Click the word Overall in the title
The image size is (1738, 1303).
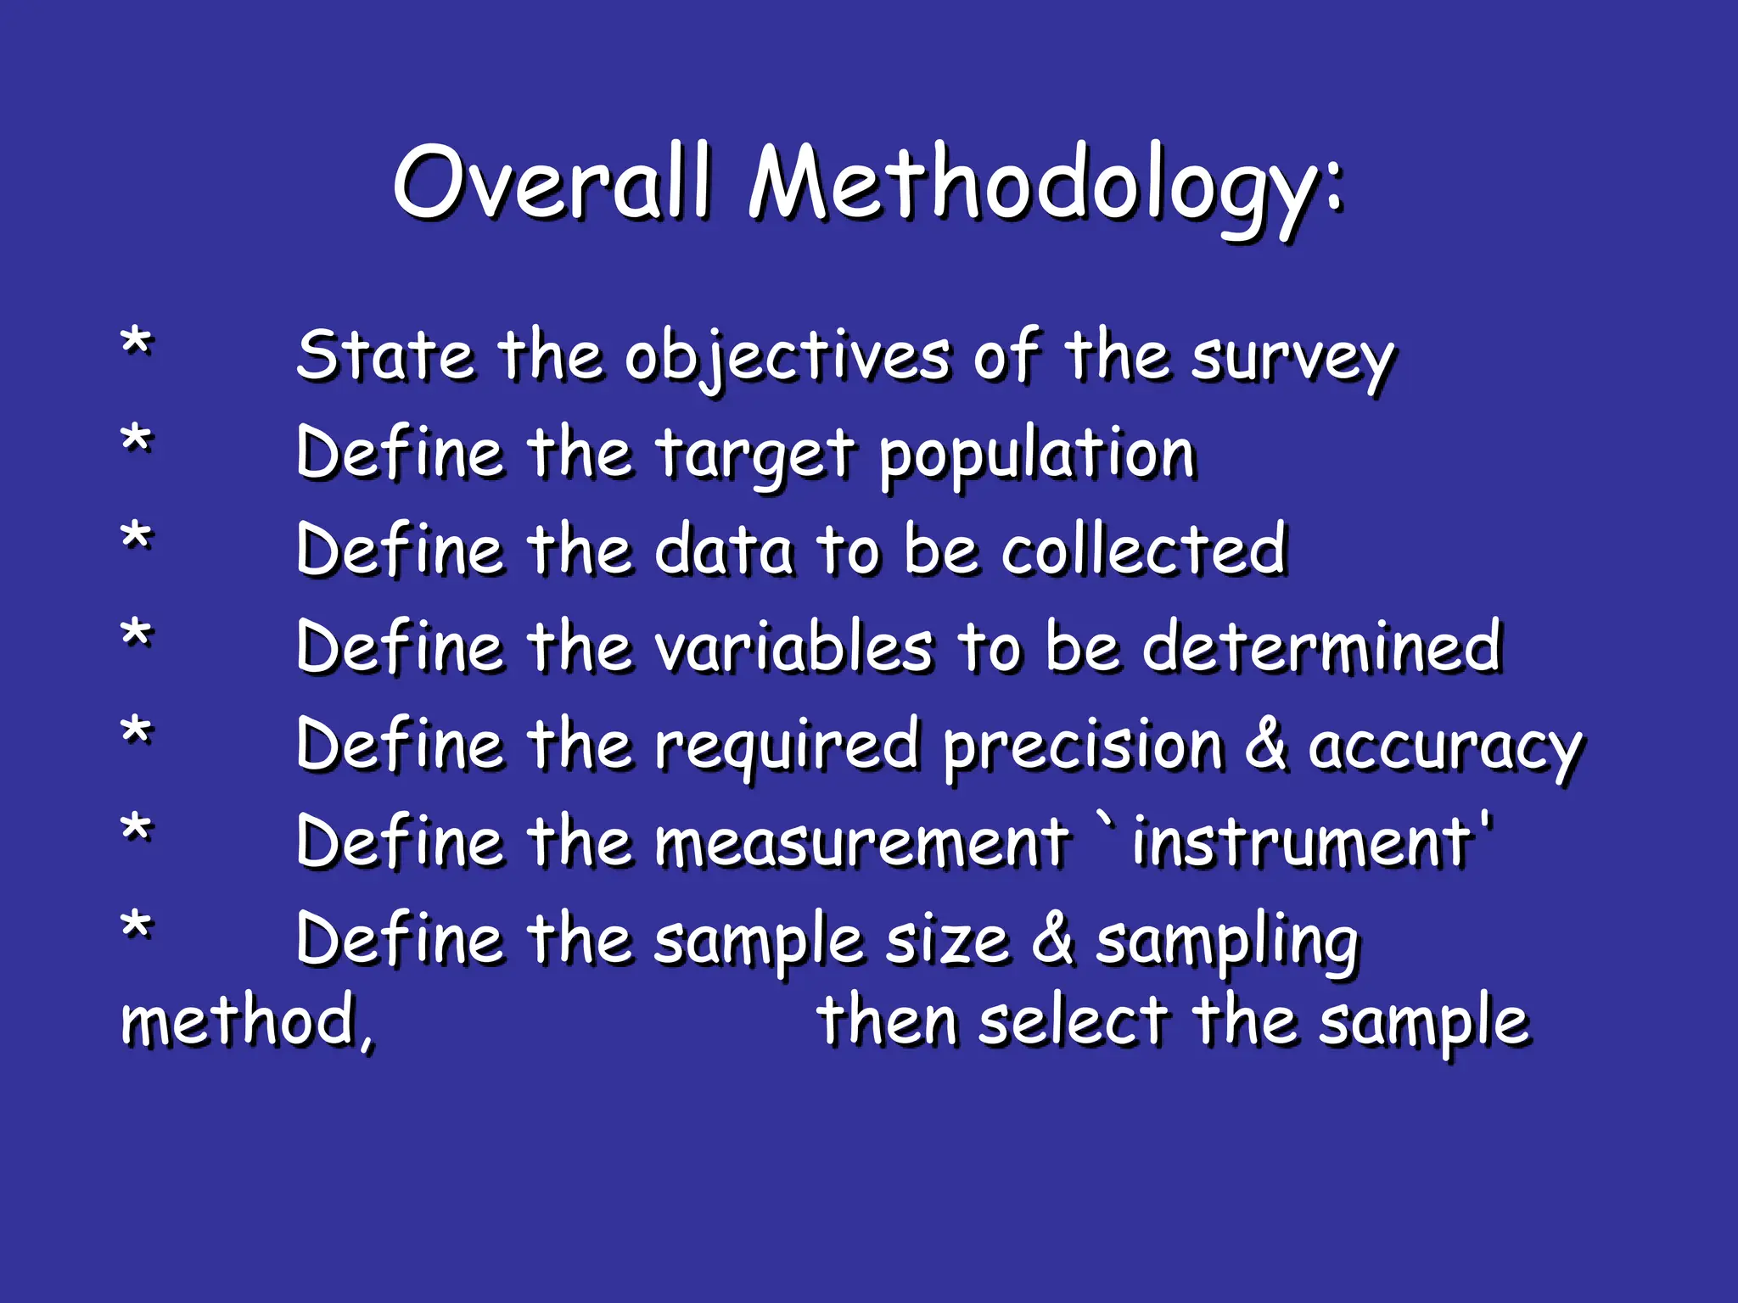551,182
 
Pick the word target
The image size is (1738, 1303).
754,455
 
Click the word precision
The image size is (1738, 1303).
1083,746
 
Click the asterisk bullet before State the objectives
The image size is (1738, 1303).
136,344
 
